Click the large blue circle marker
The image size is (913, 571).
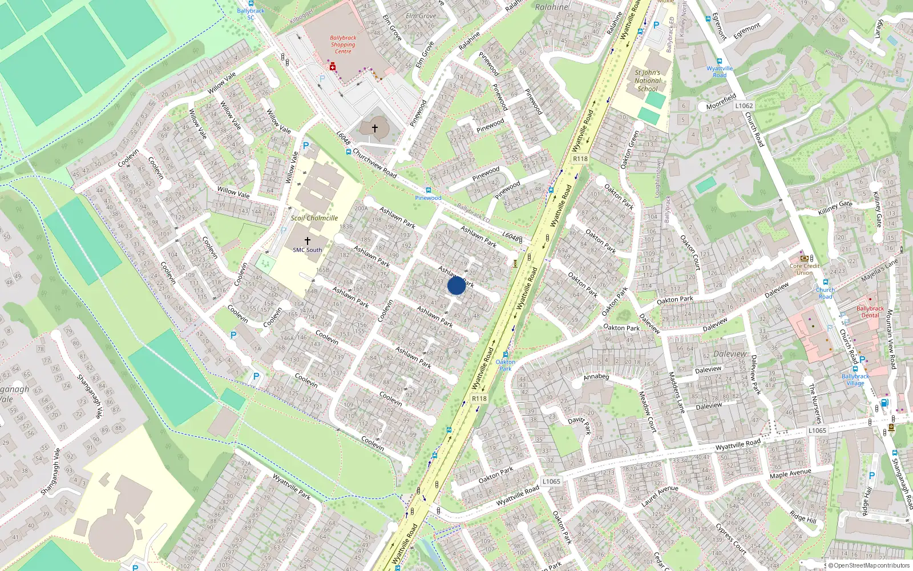tap(457, 285)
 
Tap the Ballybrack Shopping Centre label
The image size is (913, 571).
tap(343, 45)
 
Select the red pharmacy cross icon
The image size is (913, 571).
tap(332, 67)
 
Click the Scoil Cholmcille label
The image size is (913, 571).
tap(314, 218)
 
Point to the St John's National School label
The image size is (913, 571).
tap(647, 81)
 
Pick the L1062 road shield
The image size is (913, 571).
tap(744, 106)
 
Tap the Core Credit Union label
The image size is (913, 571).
tap(805, 269)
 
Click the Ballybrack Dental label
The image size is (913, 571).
tap(870, 312)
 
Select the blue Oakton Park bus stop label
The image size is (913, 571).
tap(506, 365)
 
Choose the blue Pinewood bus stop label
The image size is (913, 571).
tap(428, 198)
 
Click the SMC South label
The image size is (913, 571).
tap(308, 250)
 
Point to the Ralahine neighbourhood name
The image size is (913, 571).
tap(552, 7)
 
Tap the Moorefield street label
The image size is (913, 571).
tap(721, 102)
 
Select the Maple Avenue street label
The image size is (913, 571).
tap(790, 474)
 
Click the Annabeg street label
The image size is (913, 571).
tap(596, 377)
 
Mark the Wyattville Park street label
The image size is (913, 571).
tap(292, 486)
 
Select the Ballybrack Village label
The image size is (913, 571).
tap(855, 380)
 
